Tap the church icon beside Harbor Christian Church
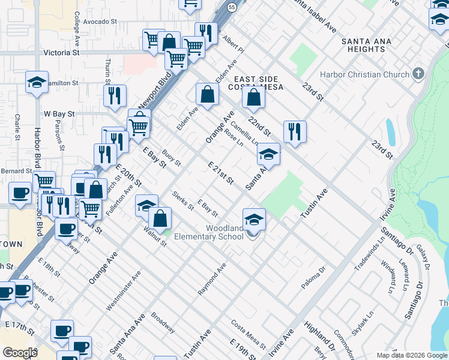pos(418,74)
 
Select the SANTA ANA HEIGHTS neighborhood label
pos(366,46)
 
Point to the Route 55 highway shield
pos(231,7)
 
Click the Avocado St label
pos(100,22)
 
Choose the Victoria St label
pos(62,53)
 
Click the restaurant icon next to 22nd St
pos(295,132)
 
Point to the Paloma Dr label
pos(313,278)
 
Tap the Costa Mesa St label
pos(249,334)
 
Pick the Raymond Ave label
pos(212,278)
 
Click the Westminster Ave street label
pos(132,290)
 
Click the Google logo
pos(19,353)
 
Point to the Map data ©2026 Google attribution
pos(411,355)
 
